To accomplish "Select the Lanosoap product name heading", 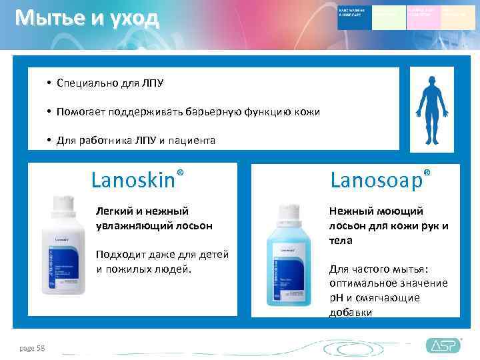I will point(377,180).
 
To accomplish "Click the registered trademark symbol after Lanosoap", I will point(427,172).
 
